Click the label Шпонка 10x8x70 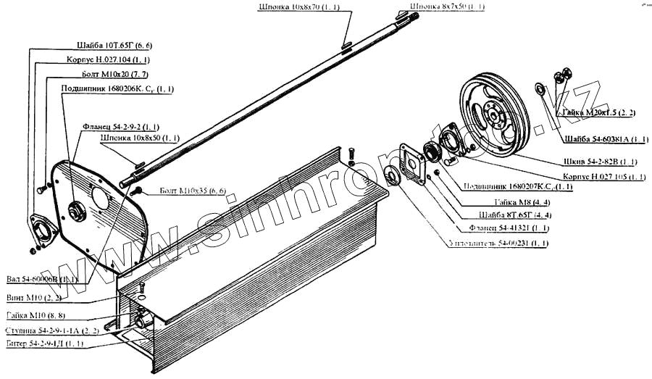coord(304,7)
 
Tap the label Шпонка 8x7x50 coord(448,7)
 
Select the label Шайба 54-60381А coord(605,138)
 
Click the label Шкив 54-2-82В coord(608,161)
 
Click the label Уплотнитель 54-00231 coord(498,243)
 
